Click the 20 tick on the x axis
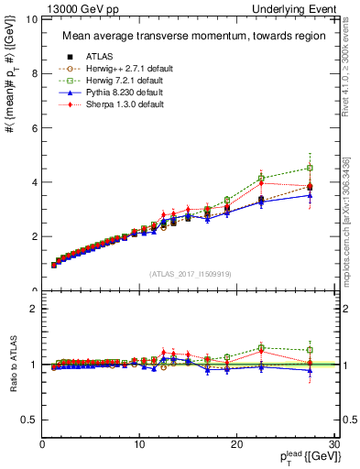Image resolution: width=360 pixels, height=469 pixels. [236, 444]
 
